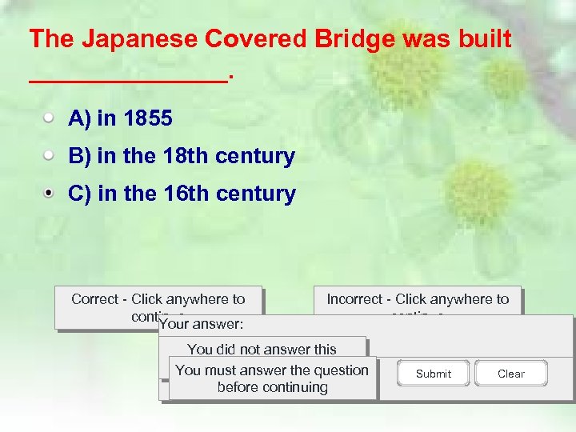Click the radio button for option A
(x=50, y=118)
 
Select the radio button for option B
(x=50, y=155)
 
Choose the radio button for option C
(x=50, y=193)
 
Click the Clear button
(x=510, y=374)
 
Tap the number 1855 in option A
(x=147, y=119)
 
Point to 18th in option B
(x=181, y=156)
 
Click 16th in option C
(x=181, y=194)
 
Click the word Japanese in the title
(x=132, y=38)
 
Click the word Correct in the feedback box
(x=94, y=299)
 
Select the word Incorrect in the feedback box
(x=354, y=299)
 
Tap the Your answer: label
(x=202, y=325)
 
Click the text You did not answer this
(x=262, y=349)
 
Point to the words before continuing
(x=272, y=387)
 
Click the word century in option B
(x=255, y=156)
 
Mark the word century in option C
(x=255, y=194)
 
